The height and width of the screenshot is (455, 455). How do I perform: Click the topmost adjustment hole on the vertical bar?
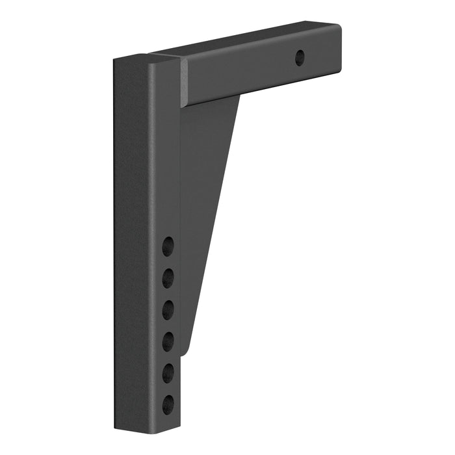(168, 246)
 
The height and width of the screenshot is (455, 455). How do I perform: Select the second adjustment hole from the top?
(168, 278)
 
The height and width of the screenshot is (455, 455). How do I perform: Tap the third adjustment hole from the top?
(168, 310)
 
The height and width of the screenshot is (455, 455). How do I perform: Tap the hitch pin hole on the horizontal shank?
(300, 58)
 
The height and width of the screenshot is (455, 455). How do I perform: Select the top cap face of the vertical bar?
(147, 58)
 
